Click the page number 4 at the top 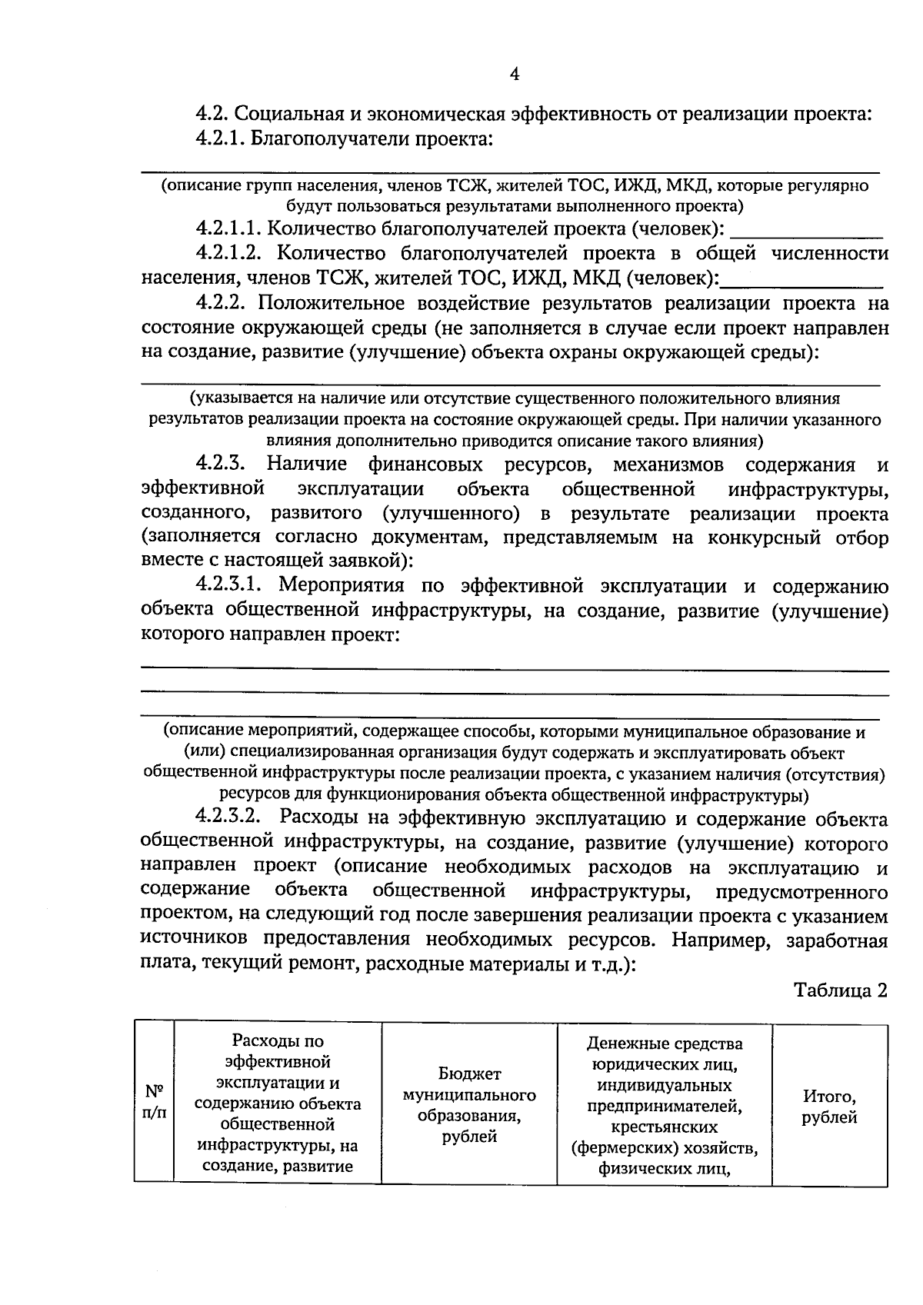(515, 75)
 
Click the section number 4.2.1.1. (227, 228)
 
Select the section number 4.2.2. (222, 303)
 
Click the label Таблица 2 (841, 990)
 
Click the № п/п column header (154, 1101)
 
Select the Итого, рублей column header (829, 1107)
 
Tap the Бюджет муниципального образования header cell (469, 1104)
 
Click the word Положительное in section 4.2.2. (346, 303)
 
